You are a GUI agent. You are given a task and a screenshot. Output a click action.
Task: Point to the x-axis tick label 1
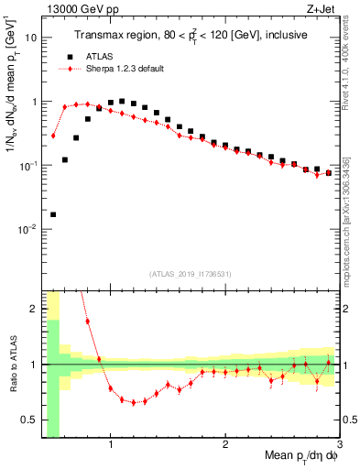click(111, 445)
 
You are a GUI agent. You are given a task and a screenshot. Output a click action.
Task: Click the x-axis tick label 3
click(340, 445)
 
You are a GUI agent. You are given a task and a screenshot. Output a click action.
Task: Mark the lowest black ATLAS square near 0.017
click(53, 214)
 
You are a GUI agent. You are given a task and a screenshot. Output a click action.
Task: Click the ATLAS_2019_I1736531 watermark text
click(191, 274)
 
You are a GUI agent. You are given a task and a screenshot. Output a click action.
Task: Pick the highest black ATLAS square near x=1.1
click(122, 101)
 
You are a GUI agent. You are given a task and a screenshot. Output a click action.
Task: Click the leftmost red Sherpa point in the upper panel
click(53, 136)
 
